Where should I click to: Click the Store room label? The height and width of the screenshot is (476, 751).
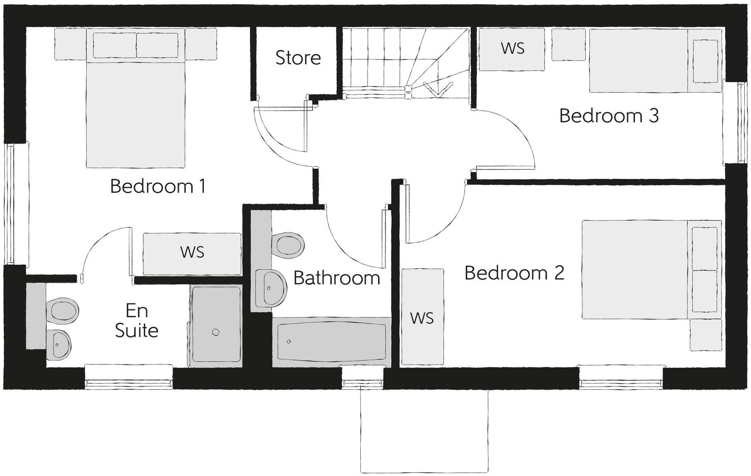[x=298, y=58]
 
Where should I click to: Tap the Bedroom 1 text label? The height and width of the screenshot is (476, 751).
[x=158, y=186]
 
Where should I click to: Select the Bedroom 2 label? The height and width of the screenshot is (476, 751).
[x=514, y=273]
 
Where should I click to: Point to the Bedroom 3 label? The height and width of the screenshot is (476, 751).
[x=609, y=116]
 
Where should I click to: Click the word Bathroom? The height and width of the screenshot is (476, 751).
[x=337, y=278]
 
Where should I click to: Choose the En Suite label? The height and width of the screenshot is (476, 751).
[x=137, y=321]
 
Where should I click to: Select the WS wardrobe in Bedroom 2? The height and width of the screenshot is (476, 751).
[x=422, y=318]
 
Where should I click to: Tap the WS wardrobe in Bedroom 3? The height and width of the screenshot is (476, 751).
[x=512, y=49]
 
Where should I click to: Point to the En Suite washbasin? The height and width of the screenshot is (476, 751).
[x=59, y=344]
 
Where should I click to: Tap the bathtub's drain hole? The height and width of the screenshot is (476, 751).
[x=289, y=342]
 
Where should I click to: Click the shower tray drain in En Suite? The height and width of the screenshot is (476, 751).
[x=215, y=332]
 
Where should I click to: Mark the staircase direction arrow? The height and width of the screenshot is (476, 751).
[x=438, y=89]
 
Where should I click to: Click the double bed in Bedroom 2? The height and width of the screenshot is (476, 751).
[x=651, y=269]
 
